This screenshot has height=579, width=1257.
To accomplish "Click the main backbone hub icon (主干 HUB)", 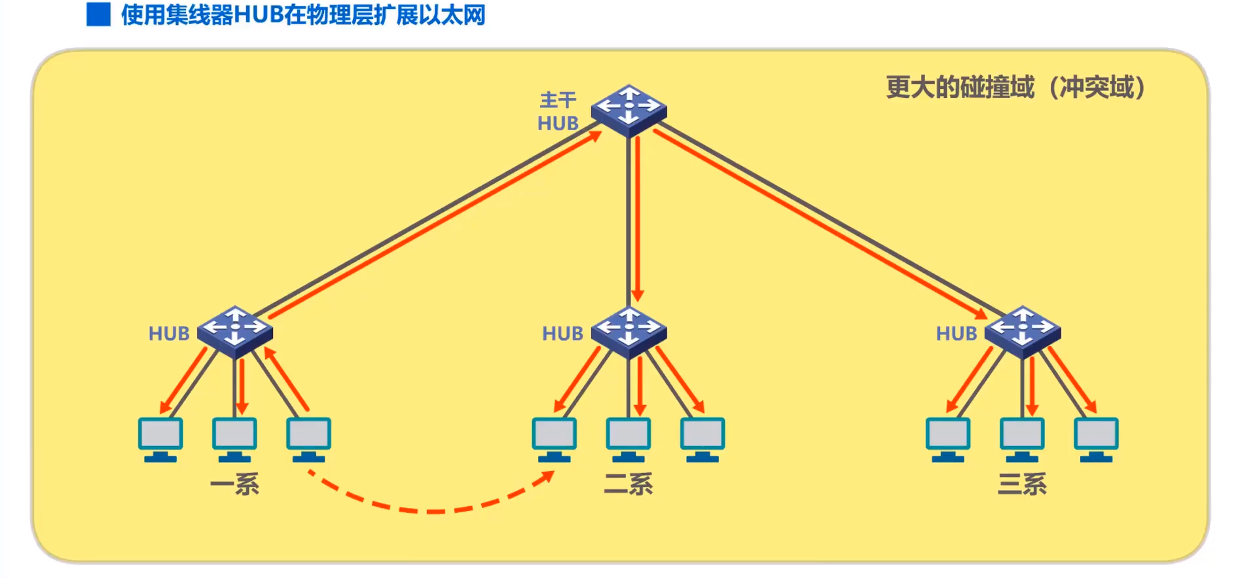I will [628, 110].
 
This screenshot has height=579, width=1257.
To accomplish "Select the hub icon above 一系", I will [235, 331].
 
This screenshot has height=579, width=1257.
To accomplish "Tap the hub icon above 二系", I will [628, 331].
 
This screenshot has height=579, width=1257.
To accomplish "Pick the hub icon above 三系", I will [1022, 331].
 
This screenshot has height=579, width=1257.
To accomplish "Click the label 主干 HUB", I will [558, 112].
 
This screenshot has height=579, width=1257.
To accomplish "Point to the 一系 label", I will [234, 484].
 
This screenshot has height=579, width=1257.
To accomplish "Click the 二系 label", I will [628, 484].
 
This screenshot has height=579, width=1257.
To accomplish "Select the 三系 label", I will [1021, 484].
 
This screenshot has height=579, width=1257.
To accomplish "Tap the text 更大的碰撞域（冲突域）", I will [1015, 87].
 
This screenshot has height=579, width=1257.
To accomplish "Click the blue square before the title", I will [98, 14].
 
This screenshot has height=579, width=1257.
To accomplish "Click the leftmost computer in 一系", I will [160, 439].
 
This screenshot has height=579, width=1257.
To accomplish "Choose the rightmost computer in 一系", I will [308, 439].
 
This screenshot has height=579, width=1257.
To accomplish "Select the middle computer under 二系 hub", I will [628, 439].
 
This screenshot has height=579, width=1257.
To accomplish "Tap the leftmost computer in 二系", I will [554, 439].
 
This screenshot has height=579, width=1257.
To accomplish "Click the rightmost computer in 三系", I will [1096, 439].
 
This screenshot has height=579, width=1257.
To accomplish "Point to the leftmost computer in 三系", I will [947, 439].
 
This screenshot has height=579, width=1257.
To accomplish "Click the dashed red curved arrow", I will [432, 510].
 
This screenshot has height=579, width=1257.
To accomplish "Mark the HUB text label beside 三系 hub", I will [956, 334].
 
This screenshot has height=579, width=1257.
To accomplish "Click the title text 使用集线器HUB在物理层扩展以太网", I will [302, 14].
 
